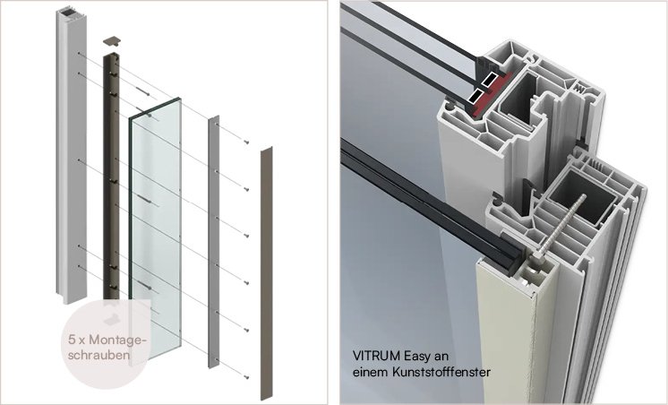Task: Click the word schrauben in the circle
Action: pos(98,355)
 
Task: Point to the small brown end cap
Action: pos(112,41)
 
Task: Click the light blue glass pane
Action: pos(156,230)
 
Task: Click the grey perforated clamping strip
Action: pos(213,241)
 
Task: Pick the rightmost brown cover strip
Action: pos(267,273)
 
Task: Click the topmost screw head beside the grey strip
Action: pos(246,142)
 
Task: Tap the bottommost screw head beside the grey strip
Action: pos(246,377)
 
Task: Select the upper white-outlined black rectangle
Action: pos(490,79)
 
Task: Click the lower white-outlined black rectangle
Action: pos(475,96)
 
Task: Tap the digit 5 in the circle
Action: pos(72,340)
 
